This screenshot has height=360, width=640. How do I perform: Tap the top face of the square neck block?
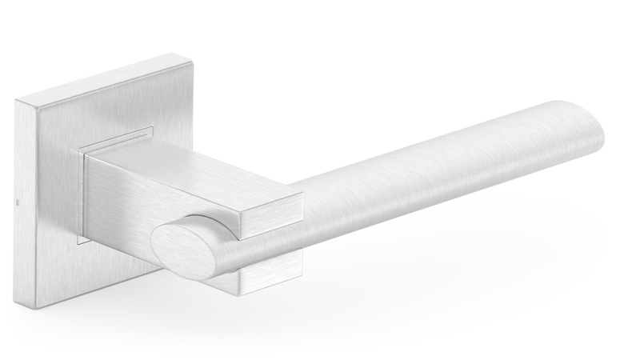[192, 168]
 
